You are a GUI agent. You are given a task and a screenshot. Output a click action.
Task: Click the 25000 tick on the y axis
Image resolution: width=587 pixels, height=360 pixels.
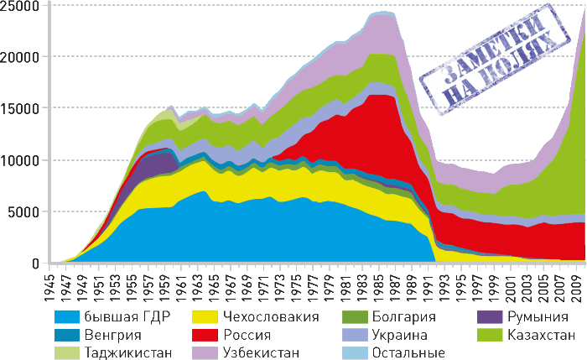(x=21, y=7)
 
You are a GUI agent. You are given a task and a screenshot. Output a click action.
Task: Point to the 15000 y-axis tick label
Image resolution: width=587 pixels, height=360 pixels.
(x=21, y=109)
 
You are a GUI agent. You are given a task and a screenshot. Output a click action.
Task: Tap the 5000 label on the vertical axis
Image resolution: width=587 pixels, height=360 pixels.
(x=24, y=211)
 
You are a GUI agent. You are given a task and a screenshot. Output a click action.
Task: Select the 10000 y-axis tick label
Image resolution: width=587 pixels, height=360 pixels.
(x=21, y=160)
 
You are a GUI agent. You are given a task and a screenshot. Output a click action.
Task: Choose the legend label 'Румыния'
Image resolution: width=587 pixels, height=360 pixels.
(x=538, y=316)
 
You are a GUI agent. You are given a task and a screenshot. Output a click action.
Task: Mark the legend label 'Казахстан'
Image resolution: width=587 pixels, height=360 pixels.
(x=542, y=335)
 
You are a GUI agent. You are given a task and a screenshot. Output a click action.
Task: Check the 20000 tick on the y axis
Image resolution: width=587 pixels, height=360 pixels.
(x=21, y=58)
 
